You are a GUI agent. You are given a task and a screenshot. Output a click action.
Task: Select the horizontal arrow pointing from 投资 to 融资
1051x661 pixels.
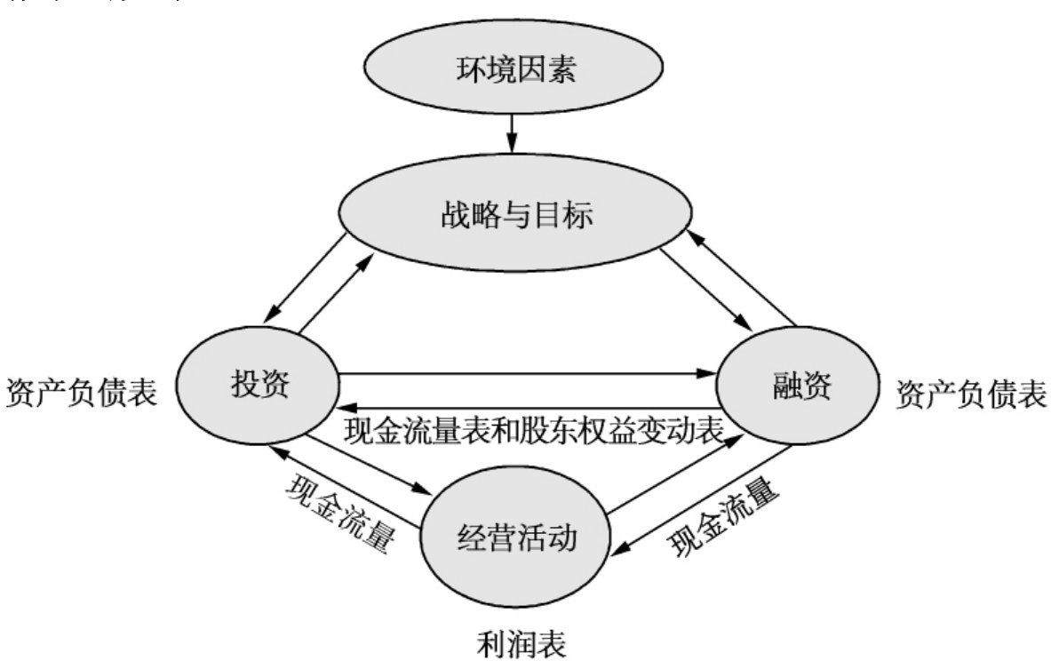pos(529,373)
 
